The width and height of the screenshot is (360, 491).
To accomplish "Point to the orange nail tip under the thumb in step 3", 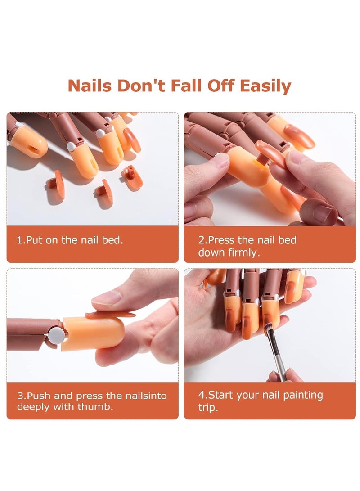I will tap(110, 315).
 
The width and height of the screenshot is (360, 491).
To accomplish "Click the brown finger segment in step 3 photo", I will tap(29, 333).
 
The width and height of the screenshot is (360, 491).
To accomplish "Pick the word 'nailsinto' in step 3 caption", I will tap(144, 396).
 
